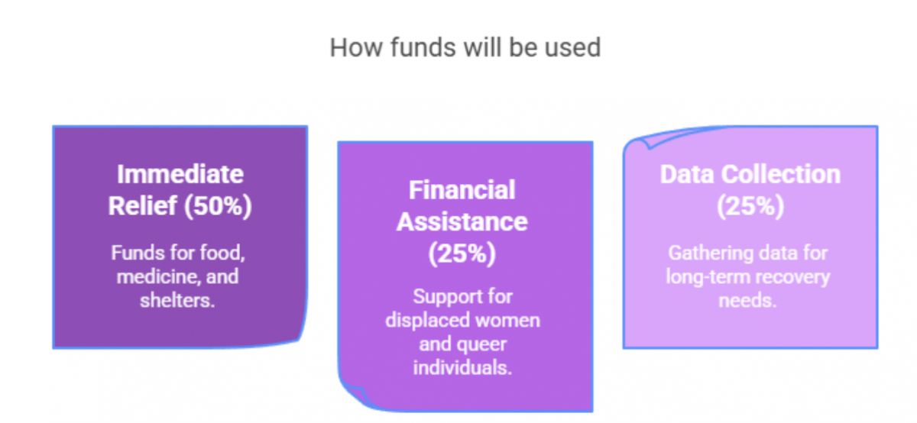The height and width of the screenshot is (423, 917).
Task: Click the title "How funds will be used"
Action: [x=465, y=47]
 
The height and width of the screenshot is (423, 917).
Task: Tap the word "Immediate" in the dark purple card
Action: [x=180, y=174]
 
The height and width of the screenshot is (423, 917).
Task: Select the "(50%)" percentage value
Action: [x=218, y=205]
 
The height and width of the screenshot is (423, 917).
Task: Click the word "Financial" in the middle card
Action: [x=462, y=190]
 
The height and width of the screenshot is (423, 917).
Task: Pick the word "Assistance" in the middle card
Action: [x=462, y=221]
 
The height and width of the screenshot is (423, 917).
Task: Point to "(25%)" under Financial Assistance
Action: [x=462, y=253]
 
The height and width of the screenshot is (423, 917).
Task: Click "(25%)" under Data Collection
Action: [x=750, y=205]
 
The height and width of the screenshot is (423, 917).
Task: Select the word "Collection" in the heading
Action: [x=780, y=174]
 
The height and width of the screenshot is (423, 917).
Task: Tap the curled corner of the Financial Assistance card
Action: [x=353, y=395]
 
